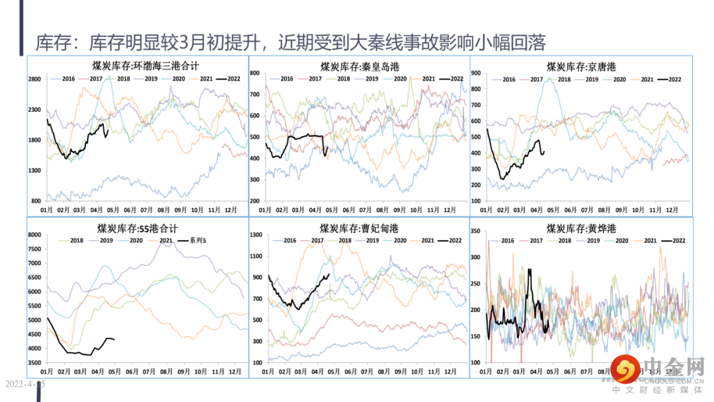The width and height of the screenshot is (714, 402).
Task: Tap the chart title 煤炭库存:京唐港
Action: tap(581, 66)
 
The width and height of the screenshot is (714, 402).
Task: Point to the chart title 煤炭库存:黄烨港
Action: tap(581, 228)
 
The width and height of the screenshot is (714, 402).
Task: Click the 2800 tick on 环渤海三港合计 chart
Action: tap(34, 79)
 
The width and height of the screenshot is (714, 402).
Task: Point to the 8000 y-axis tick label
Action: tap(34, 234)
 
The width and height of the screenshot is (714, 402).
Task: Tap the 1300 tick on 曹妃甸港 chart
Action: tap(257, 234)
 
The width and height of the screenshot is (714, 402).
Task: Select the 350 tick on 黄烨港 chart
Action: tap(477, 231)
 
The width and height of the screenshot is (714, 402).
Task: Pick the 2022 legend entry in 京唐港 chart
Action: tap(674, 79)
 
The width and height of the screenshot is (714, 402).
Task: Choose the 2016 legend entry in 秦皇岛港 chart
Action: tap(286, 79)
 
